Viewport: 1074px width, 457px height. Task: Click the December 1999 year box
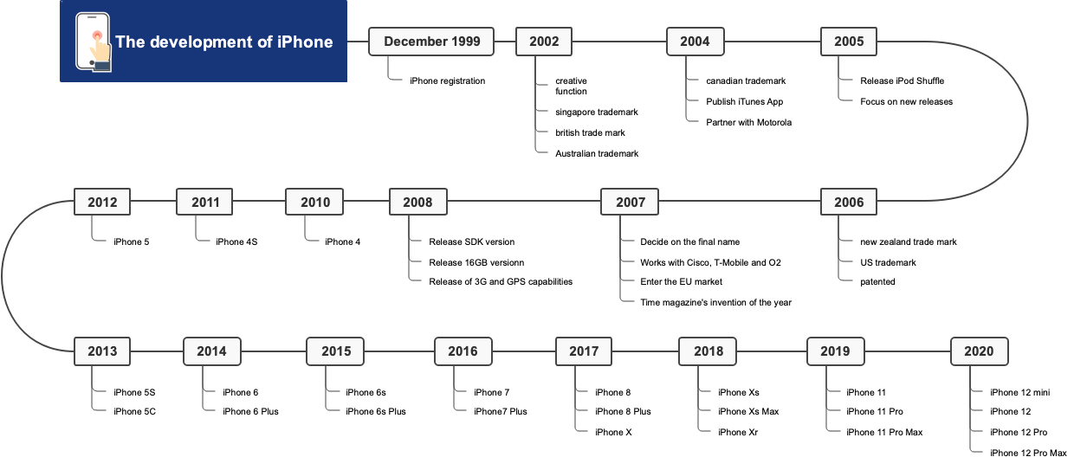point(431,42)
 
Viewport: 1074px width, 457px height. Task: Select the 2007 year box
point(631,203)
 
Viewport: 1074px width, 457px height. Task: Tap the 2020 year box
point(979,351)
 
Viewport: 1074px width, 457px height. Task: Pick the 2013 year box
point(102,351)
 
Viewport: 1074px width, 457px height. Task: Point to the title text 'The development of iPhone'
point(223,42)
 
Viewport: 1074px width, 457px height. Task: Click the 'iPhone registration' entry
point(447,81)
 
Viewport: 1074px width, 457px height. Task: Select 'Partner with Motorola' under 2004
point(748,122)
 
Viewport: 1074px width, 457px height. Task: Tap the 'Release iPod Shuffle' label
point(902,81)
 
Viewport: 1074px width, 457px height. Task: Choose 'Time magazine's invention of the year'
point(715,302)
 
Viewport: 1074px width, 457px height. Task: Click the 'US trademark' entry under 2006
point(888,262)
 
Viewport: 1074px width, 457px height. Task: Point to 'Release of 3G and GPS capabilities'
point(501,281)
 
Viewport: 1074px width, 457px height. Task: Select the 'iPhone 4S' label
point(236,241)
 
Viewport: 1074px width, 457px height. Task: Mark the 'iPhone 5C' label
point(134,411)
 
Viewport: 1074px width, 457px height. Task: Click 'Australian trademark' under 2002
point(597,153)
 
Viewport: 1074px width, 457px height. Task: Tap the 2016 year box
point(463,351)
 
